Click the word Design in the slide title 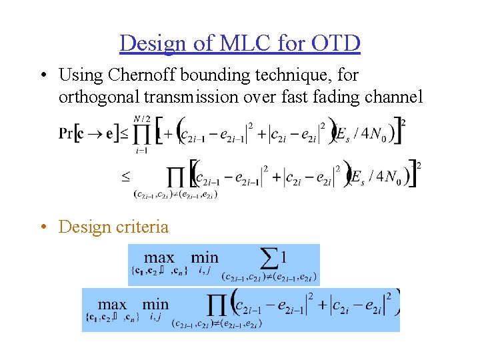pos(152,43)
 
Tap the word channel pos(394,97)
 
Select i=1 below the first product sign pos(141,151)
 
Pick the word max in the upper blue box pos(159,257)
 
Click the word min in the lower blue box pos(155,304)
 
